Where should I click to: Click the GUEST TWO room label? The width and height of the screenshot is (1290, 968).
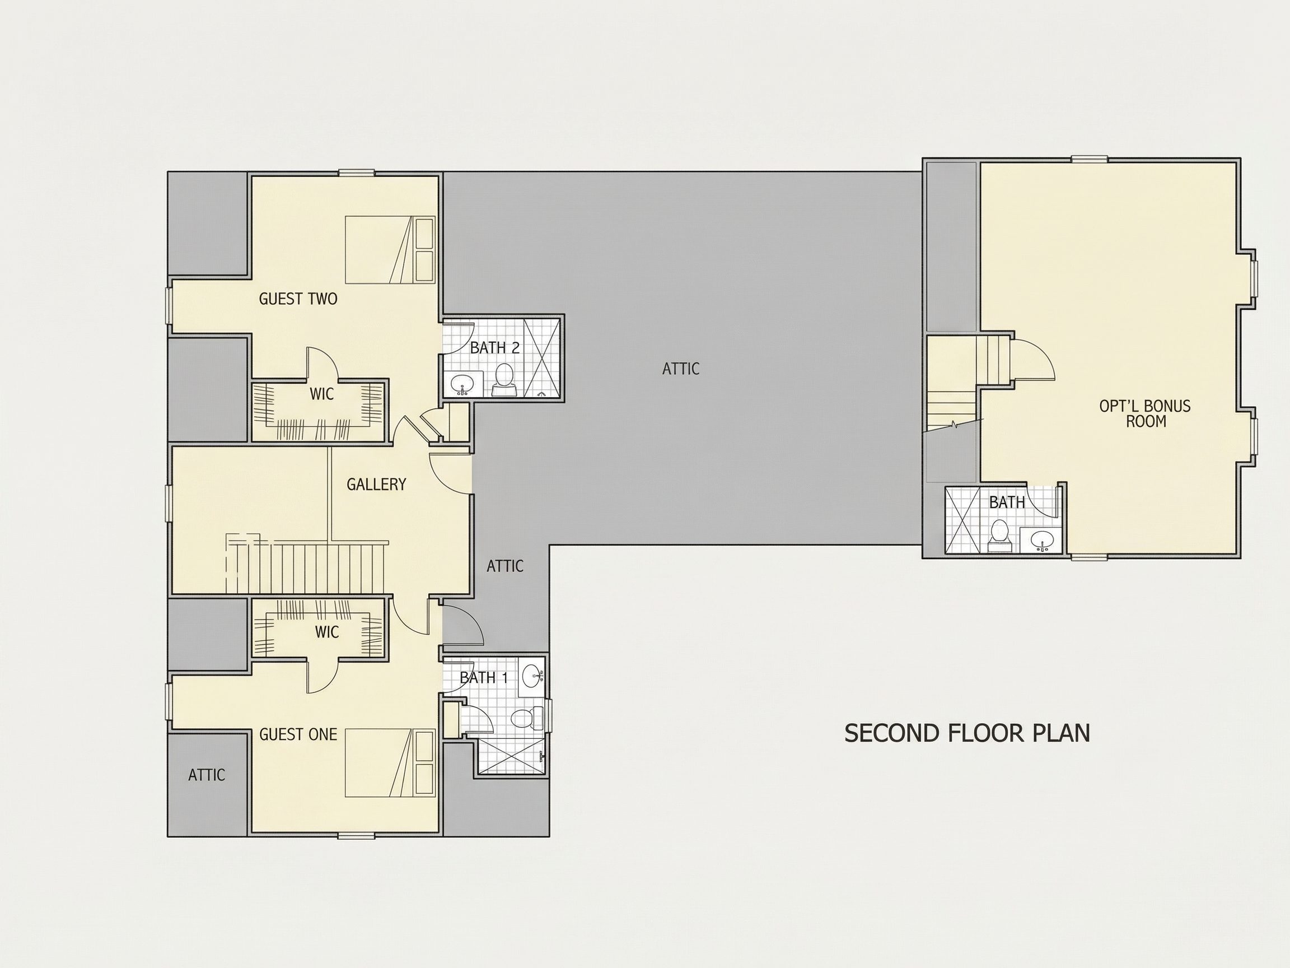click(298, 299)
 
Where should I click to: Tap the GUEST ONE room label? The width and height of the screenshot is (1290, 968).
click(298, 734)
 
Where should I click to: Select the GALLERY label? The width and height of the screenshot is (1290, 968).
click(376, 485)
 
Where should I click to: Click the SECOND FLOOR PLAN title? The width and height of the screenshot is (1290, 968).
click(967, 733)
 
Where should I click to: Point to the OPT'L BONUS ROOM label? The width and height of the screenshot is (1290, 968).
click(1145, 413)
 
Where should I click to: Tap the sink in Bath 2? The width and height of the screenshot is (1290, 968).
click(464, 384)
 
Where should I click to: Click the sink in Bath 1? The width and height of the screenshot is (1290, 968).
click(532, 677)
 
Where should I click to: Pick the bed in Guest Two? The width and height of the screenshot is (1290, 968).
click(390, 250)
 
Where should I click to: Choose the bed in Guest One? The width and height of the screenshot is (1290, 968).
click(390, 763)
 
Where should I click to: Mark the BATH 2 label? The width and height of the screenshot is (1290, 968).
click(494, 348)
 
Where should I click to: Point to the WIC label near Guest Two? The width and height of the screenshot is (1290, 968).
click(321, 394)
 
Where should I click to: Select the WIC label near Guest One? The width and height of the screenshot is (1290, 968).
click(326, 632)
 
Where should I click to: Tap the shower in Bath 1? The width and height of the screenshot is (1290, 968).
click(511, 755)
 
